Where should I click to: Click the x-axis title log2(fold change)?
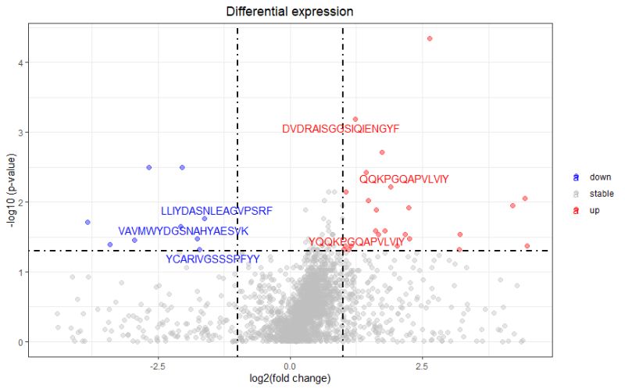(x=290, y=379)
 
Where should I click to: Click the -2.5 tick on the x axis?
(x=158, y=365)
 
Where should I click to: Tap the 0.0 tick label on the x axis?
(x=290, y=365)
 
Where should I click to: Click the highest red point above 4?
(x=430, y=38)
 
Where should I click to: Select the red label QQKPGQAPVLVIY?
(x=404, y=179)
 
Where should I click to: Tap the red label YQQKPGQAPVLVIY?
(x=356, y=242)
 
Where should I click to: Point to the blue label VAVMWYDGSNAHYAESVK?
(x=183, y=231)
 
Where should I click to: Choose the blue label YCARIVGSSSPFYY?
(x=212, y=259)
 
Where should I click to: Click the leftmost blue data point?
(x=87, y=222)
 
